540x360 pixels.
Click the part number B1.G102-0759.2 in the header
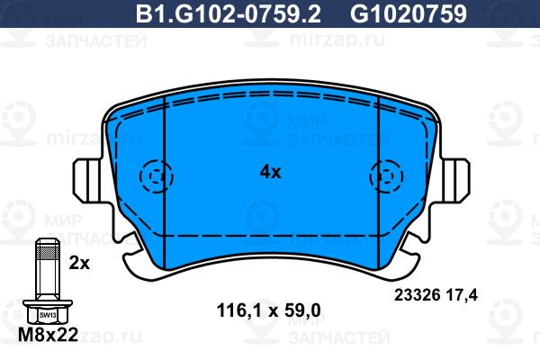pos(229,13)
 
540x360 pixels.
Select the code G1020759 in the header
pos(409,13)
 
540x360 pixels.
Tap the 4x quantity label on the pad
pos(270,172)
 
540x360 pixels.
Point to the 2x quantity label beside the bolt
pos(79,263)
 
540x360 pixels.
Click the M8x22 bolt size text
pos(48,334)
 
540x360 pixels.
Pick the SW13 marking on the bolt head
pos(48,315)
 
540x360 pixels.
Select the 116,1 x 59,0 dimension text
pos(268,310)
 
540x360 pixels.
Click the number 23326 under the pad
pos(417,295)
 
